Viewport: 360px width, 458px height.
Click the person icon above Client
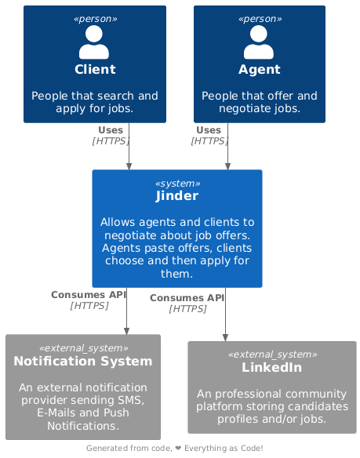coord(94,42)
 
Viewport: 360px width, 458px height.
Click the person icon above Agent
coord(259,42)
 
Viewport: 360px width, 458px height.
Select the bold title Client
coord(95,70)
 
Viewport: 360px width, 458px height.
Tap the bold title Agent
coord(259,70)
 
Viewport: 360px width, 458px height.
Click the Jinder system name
coord(177,196)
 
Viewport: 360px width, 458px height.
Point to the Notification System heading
coord(83,361)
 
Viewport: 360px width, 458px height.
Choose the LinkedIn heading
coord(271,368)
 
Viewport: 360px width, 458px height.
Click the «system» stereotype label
coord(178,184)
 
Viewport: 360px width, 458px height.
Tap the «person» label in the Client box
coord(95,19)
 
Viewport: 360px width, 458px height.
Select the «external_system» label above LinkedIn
coord(272,354)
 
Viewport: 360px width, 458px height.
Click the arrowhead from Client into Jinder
coord(129,166)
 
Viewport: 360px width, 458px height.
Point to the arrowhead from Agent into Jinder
coord(227,166)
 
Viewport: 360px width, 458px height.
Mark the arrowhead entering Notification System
coord(126,331)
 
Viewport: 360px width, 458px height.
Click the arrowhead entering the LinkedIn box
coord(225,338)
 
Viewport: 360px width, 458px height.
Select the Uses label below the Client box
coord(111,130)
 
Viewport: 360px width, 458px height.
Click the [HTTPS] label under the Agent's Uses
coord(209,141)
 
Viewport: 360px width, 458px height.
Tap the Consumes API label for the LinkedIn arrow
coord(187,298)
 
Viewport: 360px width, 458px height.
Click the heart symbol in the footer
coord(178,448)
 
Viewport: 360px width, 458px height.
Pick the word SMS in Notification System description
coord(131,400)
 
